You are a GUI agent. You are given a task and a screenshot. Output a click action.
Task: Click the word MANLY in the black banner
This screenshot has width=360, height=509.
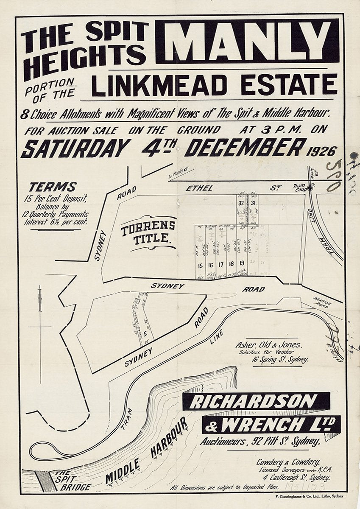point(247,41)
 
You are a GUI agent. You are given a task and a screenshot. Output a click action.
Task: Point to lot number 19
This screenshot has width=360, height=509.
point(242,263)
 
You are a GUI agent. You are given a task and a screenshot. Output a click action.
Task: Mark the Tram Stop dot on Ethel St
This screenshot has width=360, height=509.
point(310,187)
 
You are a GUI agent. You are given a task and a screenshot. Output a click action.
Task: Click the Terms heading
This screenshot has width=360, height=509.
point(53,187)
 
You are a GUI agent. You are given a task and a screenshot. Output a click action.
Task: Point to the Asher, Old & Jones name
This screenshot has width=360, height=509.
point(269,345)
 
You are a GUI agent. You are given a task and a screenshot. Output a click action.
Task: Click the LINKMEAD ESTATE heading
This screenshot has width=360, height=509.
point(215,85)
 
